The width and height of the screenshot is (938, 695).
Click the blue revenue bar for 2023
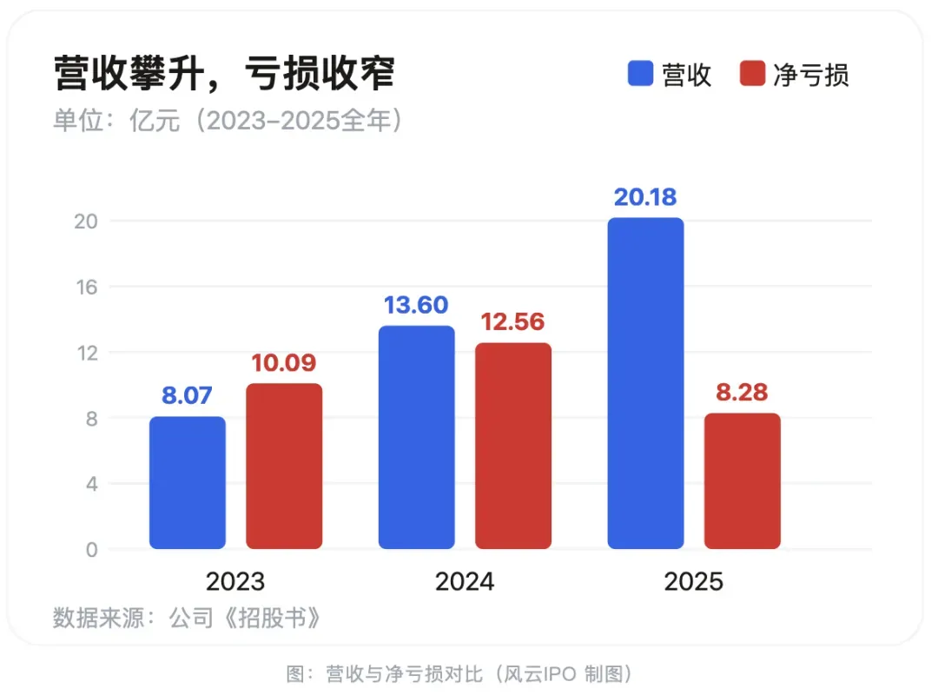(188, 482)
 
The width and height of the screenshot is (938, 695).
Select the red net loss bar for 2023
(284, 466)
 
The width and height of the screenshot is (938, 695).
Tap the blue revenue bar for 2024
(416, 437)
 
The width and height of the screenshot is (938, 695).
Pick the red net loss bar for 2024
(513, 446)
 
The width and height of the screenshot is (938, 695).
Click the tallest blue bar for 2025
(645, 383)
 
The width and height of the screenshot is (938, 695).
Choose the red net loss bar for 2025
(743, 480)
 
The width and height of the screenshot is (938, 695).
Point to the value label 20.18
(645, 197)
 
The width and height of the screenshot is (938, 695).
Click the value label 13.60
(416, 305)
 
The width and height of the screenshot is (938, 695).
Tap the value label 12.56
(513, 322)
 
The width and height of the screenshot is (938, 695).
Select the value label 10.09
(284, 363)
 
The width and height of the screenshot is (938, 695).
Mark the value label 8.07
(188, 395)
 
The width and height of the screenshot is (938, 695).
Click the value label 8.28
(743, 392)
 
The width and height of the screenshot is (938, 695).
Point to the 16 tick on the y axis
(87, 288)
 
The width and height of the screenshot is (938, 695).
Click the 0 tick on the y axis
(91, 550)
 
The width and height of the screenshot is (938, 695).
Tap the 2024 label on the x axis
(465, 582)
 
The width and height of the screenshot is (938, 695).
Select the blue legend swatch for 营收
(640, 74)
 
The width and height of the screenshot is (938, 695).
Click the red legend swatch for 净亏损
(752, 74)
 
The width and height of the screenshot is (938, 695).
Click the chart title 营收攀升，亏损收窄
(224, 73)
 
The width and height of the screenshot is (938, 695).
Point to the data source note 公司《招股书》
(245, 618)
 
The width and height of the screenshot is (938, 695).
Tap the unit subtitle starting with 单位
(228, 121)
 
